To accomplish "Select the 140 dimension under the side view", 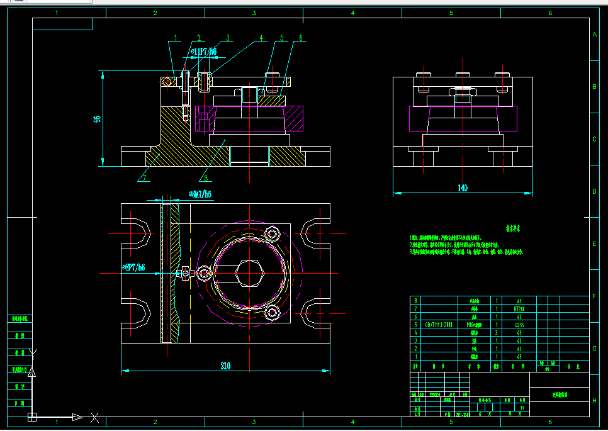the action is pos(463,188).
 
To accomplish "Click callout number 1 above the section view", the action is pos(176,38).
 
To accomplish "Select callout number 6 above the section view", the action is pos(300,38).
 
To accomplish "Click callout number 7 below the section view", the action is pos(144,177).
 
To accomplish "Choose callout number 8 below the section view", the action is pos(205,177).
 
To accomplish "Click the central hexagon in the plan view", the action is pos(250,274).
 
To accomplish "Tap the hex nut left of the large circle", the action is pos(204,273).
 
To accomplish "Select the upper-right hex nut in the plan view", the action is pos(273,235).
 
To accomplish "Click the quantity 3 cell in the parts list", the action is pos(497,332).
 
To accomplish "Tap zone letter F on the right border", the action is pos(594,296).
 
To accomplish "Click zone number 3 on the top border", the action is pos(254,13).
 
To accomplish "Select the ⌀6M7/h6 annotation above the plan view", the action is pos(200,194).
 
